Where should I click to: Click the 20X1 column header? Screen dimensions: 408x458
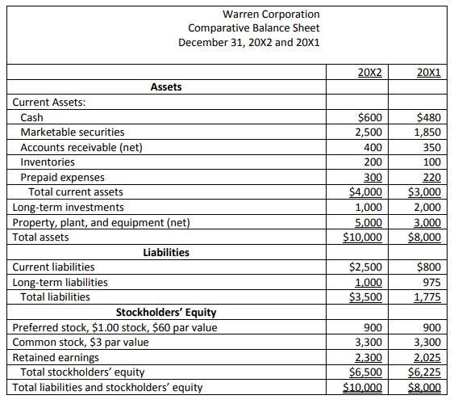tap(429, 72)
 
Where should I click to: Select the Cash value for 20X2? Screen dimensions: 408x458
tap(370, 117)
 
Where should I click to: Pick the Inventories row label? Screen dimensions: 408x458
tap(48, 162)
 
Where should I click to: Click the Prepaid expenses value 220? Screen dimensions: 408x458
tap(431, 177)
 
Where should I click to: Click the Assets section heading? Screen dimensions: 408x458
tap(166, 86)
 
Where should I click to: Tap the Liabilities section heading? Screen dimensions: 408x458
tap(166, 252)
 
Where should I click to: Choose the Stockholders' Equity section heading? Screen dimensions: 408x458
tap(166, 312)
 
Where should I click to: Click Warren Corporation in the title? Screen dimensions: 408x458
tap(249, 14)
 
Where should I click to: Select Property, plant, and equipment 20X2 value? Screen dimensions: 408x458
tap(368, 222)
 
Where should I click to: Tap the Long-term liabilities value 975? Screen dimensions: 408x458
tap(431, 282)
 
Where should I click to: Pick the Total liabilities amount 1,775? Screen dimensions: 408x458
tap(427, 297)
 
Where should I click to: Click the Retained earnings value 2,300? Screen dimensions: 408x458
tap(368, 357)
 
